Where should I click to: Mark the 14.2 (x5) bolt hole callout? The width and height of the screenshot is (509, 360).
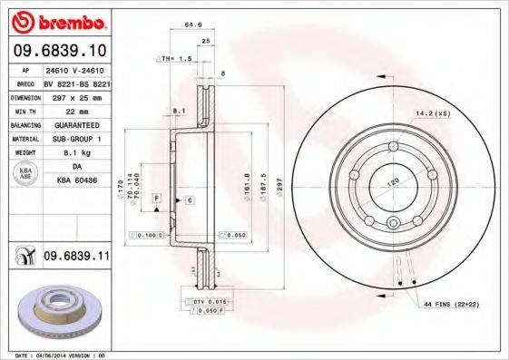(432, 114)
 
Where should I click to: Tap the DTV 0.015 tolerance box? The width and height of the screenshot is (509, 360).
(209, 300)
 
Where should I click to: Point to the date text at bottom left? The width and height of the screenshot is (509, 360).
(56, 355)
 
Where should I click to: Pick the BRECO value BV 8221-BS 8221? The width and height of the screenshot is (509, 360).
(77, 82)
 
